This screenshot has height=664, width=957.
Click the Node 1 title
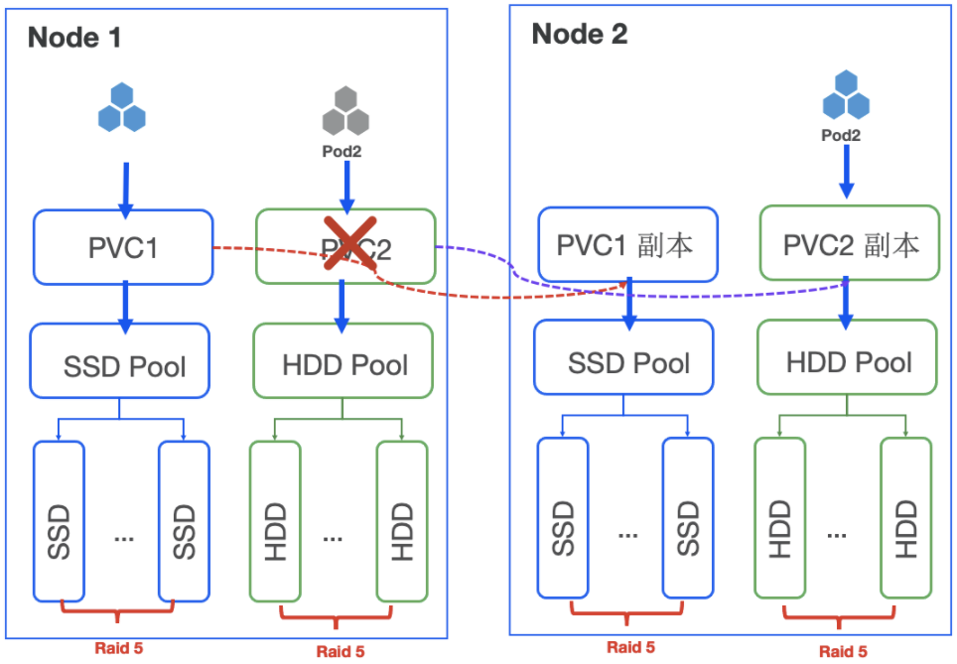point(74,38)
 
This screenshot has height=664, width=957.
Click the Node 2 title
point(580,34)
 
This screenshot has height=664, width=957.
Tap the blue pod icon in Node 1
point(122,108)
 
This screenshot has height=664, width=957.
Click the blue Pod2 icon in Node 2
point(846,95)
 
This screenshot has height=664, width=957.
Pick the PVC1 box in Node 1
point(123,246)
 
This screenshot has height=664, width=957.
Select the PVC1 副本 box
point(627,244)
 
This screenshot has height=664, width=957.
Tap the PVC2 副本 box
point(849,244)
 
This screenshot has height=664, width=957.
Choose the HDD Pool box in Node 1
point(343,364)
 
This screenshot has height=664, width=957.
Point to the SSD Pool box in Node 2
point(627,362)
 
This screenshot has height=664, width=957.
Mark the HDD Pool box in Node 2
point(849,361)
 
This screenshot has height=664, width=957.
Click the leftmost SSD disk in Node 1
point(59,520)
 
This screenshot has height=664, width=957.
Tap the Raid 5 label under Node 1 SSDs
point(119,648)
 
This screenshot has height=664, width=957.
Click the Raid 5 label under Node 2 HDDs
point(843,651)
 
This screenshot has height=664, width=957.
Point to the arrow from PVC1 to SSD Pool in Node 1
point(124,306)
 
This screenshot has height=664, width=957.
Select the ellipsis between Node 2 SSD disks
point(626,534)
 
